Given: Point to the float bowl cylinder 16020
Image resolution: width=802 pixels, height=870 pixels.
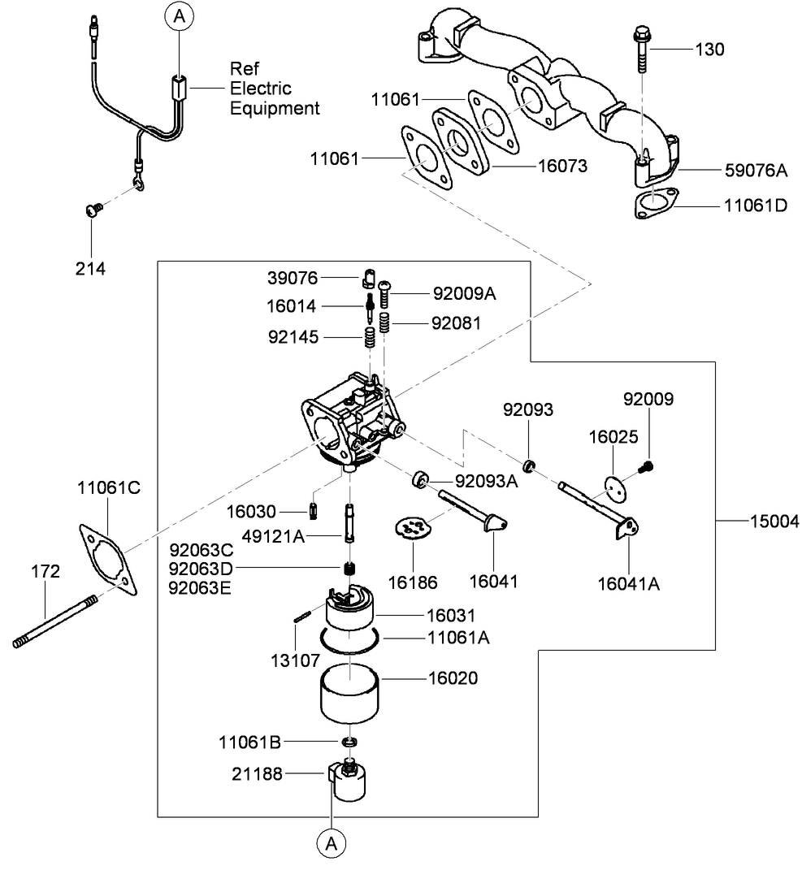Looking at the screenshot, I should pyautogui.click(x=350, y=695).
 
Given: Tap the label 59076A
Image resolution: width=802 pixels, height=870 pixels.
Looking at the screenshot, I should pyautogui.click(x=756, y=171).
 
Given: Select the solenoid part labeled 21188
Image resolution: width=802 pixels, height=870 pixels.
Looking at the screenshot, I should pyautogui.click(x=349, y=781).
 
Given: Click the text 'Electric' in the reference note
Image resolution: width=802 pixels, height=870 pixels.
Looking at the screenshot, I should pyautogui.click(x=260, y=88).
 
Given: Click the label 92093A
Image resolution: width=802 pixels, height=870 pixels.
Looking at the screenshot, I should pyautogui.click(x=486, y=481).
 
